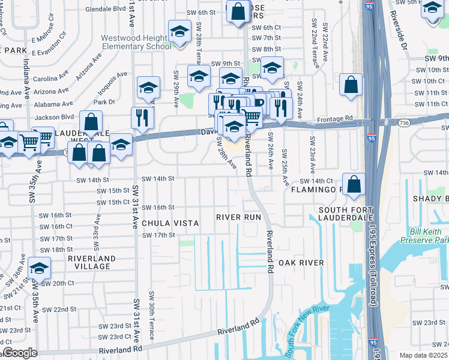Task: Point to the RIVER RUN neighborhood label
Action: [x=238, y=217]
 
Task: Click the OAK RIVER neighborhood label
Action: [x=300, y=263]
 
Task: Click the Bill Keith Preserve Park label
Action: [x=421, y=235]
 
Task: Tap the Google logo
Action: [x=19, y=353]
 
